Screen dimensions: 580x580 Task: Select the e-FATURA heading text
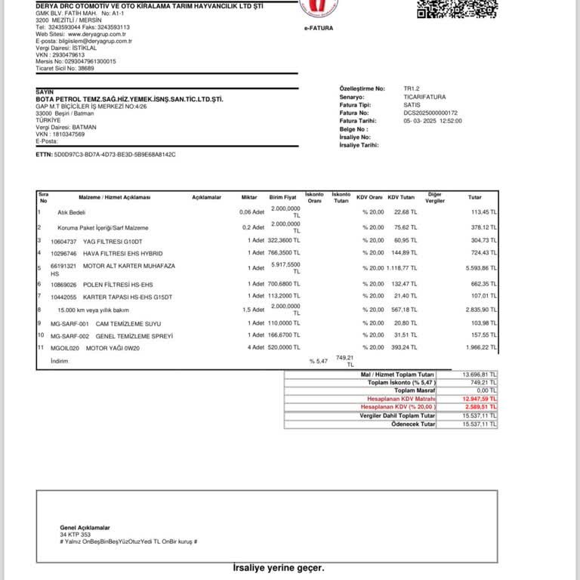pyautogui.click(x=319, y=28)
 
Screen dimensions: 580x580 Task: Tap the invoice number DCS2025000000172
pyautogui.click(x=431, y=113)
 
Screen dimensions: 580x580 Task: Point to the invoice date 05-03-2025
pyautogui.click(x=419, y=121)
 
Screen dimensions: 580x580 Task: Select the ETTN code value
pyautogui.click(x=115, y=154)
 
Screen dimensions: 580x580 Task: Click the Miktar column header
pyautogui.click(x=248, y=197)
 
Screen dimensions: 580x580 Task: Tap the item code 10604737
pyautogui.click(x=63, y=241)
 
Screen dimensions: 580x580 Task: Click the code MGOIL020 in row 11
pyautogui.click(x=65, y=347)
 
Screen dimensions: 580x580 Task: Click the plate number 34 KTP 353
pyautogui.click(x=76, y=535)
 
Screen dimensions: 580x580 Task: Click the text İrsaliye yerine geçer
pyautogui.click(x=278, y=567)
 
